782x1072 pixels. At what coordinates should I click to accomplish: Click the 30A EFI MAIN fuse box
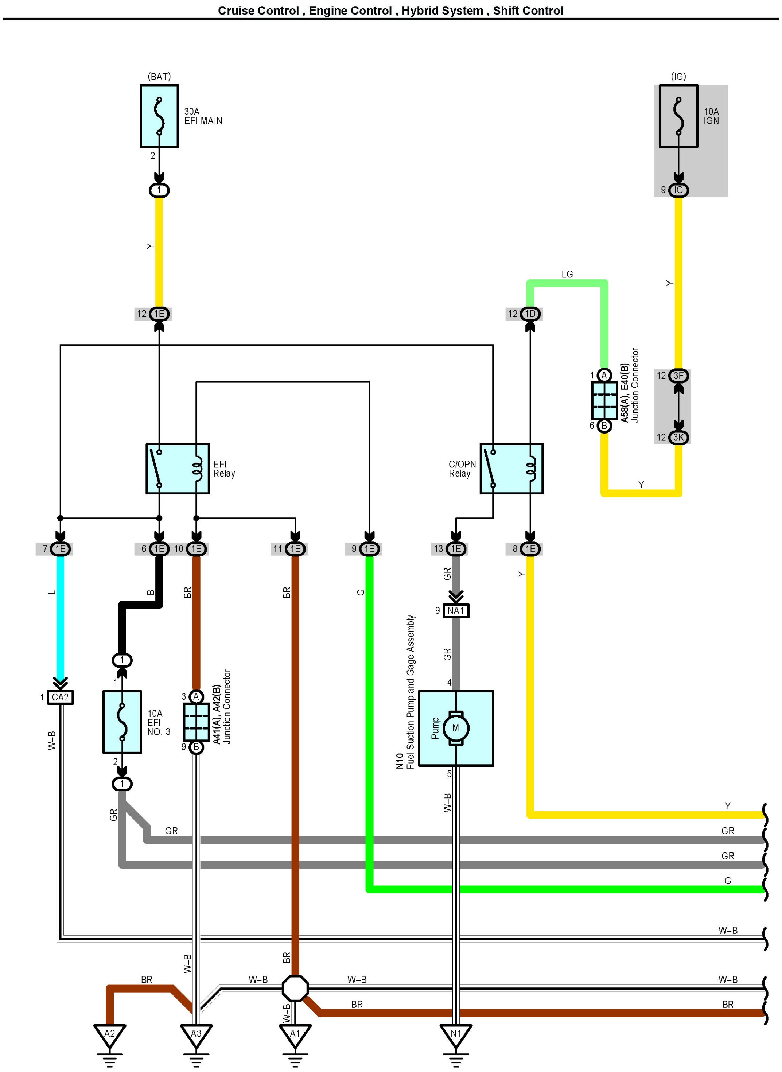[x=159, y=116]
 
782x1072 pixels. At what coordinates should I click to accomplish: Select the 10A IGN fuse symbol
[x=678, y=116]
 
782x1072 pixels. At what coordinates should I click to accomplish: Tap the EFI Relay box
[x=178, y=468]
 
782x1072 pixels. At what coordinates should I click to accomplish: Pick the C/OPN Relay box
[x=512, y=468]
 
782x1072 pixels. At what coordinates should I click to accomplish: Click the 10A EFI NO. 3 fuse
[x=122, y=722]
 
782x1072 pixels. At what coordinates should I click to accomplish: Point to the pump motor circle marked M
[x=455, y=728]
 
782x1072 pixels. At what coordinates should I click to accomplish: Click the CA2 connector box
[x=60, y=697]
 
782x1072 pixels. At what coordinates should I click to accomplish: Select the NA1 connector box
[x=456, y=611]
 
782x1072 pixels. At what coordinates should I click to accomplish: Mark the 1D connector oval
[x=530, y=314]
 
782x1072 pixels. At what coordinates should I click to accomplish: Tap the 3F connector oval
[x=678, y=376]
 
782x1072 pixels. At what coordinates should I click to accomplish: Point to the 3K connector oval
[x=678, y=438]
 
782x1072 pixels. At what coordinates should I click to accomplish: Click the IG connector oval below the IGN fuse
[x=678, y=190]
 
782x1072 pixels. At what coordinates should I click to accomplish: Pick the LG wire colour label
[x=567, y=274]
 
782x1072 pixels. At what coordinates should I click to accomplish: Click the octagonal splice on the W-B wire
[x=295, y=988]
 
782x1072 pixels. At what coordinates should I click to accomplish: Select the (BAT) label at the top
[x=159, y=76]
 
